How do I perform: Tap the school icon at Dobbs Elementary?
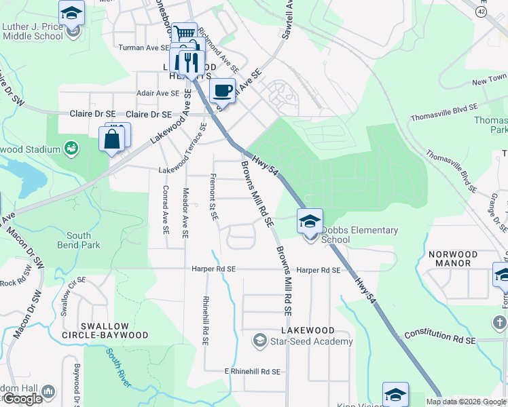pos(310,221)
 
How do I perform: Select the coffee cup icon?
pos(223,90)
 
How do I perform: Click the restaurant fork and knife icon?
pos(187,62)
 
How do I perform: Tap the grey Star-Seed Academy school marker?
pos(259,341)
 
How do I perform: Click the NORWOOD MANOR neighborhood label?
pos(453,258)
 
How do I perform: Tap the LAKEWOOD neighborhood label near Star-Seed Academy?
pos(308,330)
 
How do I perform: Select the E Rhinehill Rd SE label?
pos(252,372)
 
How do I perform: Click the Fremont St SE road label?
pos(213,197)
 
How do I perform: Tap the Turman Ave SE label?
pos(143,47)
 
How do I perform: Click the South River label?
pos(117,367)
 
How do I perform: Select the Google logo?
pos(22,399)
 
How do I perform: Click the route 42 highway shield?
pos(481,12)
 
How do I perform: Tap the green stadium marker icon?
pos(71,147)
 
